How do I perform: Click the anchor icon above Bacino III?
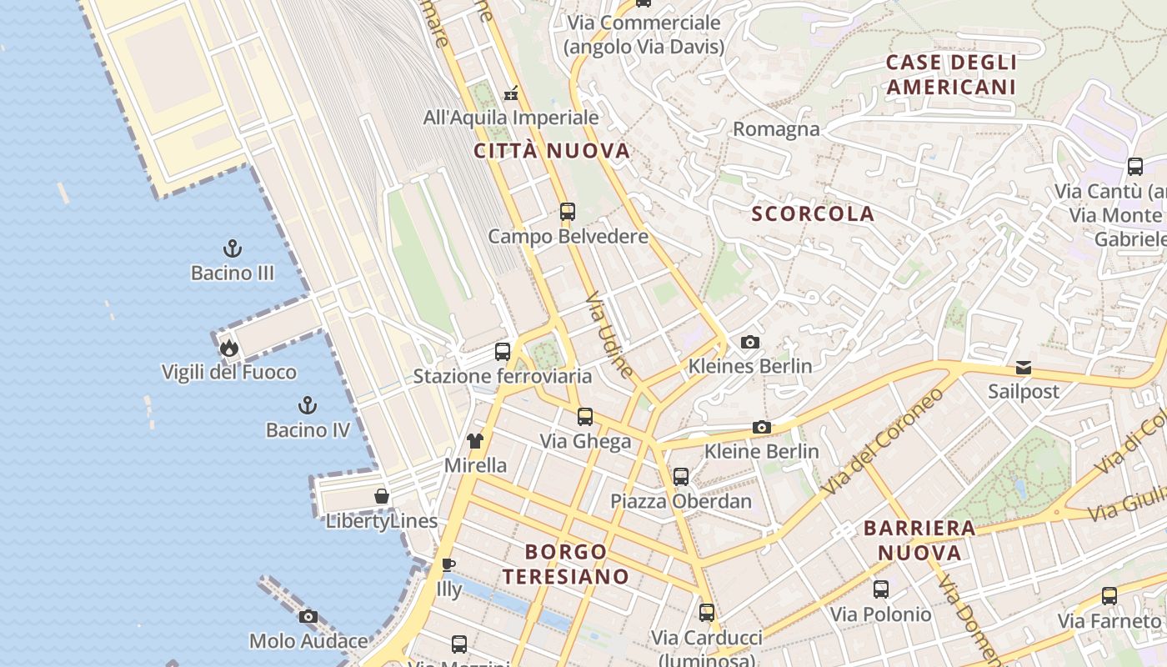pyautogui.click(x=233, y=248)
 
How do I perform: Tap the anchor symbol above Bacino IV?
pyautogui.click(x=308, y=406)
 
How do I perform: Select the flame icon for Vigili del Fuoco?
pyautogui.click(x=229, y=347)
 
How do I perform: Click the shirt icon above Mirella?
pyautogui.click(x=475, y=441)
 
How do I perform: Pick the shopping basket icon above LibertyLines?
pyautogui.click(x=382, y=497)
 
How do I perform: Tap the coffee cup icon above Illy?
pyautogui.click(x=448, y=565)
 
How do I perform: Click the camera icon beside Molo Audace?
pyautogui.click(x=308, y=617)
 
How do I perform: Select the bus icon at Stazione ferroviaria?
pyautogui.click(x=502, y=352)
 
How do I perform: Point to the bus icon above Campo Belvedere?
pyautogui.click(x=568, y=212)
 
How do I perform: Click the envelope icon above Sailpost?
pyautogui.click(x=1024, y=368)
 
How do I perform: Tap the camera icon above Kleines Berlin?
pyautogui.click(x=750, y=342)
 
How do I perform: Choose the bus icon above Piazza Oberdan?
pyautogui.click(x=681, y=477)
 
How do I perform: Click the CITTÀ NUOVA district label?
pyautogui.click(x=552, y=152)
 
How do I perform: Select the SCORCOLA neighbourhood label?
pyautogui.click(x=813, y=214)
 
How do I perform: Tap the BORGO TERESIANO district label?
pyautogui.click(x=566, y=564)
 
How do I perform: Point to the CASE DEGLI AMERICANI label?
pyautogui.click(x=951, y=75)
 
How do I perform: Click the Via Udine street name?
pyautogui.click(x=609, y=333)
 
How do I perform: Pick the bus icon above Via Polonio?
pyautogui.click(x=881, y=590)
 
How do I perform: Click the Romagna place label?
pyautogui.click(x=776, y=129)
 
